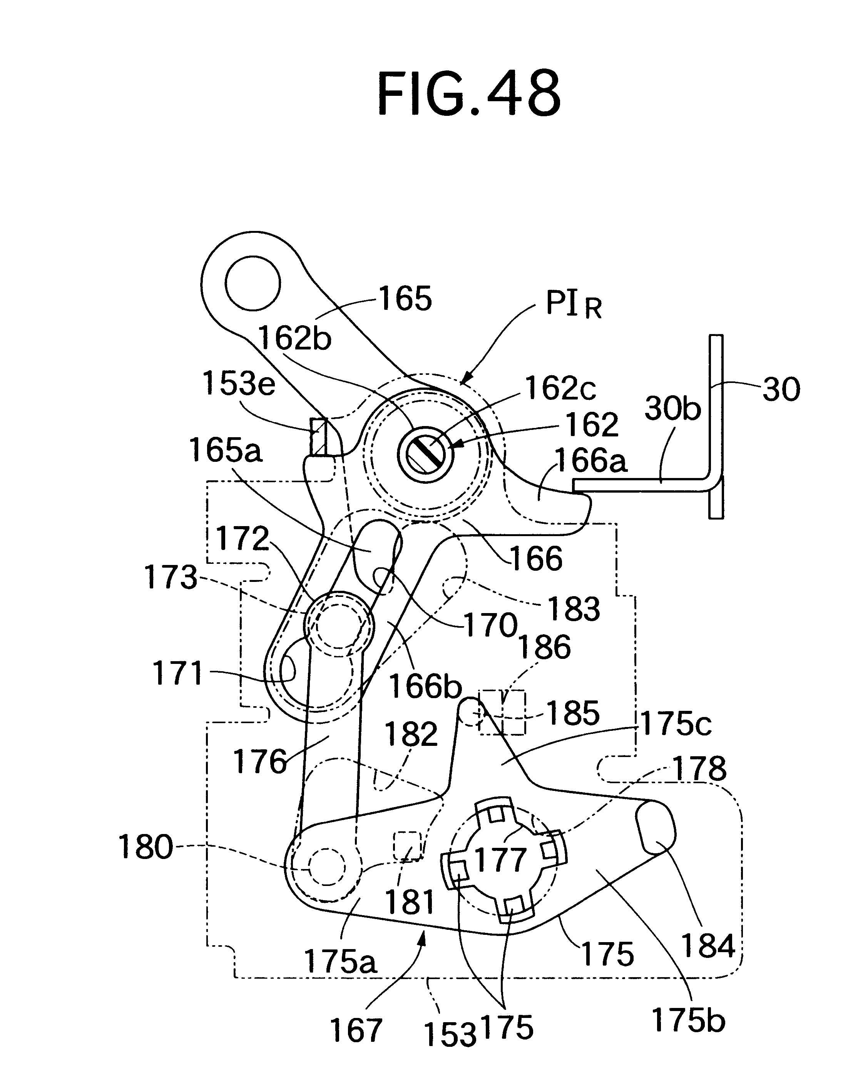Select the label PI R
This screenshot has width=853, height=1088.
click(573, 304)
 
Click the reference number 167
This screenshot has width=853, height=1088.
click(356, 1030)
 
